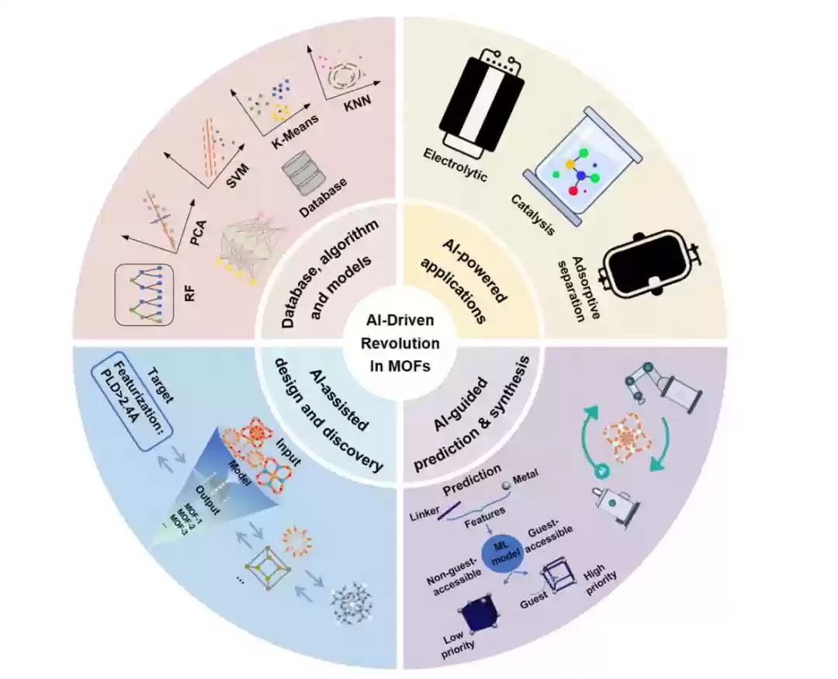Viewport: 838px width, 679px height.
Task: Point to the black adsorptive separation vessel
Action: click(x=649, y=265)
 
